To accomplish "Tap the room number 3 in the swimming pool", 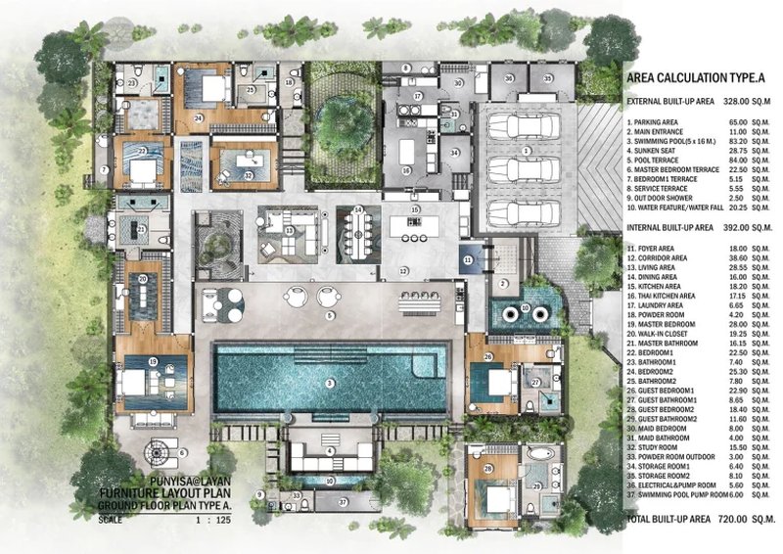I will [330, 382].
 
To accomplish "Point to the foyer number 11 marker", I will [468, 258].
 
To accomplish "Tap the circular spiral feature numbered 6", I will [156, 452].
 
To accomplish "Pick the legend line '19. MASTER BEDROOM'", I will [668, 325].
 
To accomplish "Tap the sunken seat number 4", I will [330, 449].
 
